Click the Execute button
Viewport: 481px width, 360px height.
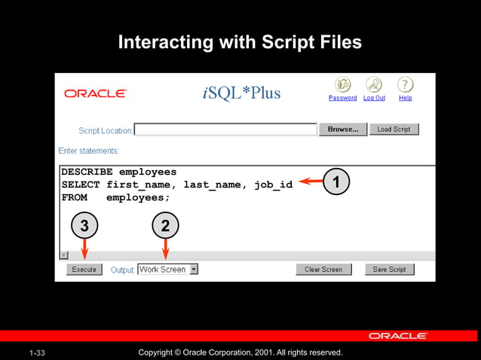[84, 269]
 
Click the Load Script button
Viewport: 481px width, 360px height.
[394, 130]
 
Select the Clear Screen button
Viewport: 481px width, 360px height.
[323, 269]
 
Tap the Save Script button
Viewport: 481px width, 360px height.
[389, 269]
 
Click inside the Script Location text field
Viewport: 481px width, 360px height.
[225, 130]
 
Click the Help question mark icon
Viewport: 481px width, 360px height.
[406, 84]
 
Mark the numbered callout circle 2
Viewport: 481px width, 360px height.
[165, 224]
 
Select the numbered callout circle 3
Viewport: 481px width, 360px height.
[84, 224]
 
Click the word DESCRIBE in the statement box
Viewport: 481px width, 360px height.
[87, 172]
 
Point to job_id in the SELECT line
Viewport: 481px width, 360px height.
[273, 185]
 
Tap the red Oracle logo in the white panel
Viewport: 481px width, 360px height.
[95, 93]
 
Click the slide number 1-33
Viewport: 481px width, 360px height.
[38, 352]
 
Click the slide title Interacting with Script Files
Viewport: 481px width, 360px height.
[240, 42]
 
